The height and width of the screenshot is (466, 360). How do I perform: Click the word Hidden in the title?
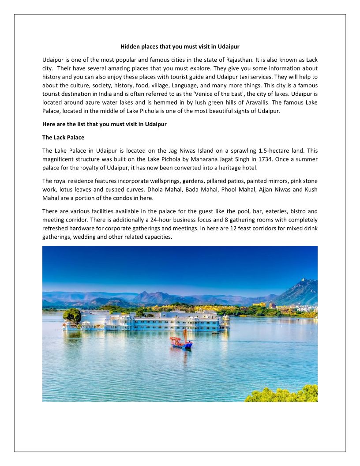click(x=130, y=46)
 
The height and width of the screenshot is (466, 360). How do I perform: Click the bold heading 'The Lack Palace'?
click(x=63, y=137)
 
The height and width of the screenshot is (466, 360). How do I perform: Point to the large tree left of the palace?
click(x=72, y=316)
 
